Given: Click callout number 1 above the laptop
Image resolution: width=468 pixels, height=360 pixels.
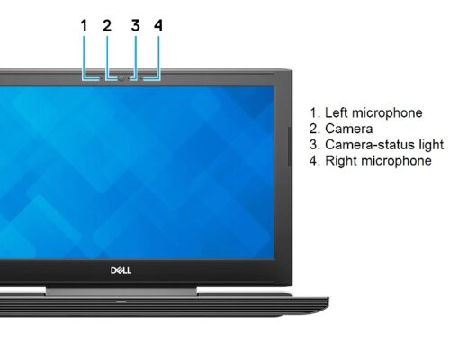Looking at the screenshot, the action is pyautogui.click(x=84, y=25).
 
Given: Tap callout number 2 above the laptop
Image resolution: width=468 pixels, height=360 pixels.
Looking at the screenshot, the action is pyautogui.click(x=107, y=25).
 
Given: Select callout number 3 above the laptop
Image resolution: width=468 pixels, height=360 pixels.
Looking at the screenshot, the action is pyautogui.click(x=136, y=25).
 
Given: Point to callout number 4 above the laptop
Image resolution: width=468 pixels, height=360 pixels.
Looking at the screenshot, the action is pyautogui.click(x=158, y=25).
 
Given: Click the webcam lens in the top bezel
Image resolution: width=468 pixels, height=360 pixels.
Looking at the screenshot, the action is pyautogui.click(x=121, y=78).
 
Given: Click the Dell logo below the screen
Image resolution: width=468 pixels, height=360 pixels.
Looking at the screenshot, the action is pyautogui.click(x=121, y=270).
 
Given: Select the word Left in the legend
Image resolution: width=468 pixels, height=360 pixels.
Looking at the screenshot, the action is pyautogui.click(x=337, y=112).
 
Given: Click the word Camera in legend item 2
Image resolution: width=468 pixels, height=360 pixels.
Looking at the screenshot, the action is pyautogui.click(x=349, y=129).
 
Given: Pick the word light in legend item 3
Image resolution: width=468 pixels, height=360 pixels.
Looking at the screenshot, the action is pyautogui.click(x=431, y=145).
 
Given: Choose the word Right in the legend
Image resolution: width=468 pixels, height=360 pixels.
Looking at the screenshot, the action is pyautogui.click(x=340, y=160).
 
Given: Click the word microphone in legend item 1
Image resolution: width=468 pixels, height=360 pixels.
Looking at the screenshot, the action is pyautogui.click(x=387, y=113).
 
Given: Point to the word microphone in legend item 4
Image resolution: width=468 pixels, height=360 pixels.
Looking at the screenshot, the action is pyautogui.click(x=396, y=161).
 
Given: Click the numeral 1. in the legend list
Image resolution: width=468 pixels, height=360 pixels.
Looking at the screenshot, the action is pyautogui.click(x=315, y=113).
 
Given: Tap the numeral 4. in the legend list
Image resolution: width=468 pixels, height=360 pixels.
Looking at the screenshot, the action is pyautogui.click(x=315, y=160).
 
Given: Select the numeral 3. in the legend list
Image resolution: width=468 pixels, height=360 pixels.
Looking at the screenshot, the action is pyautogui.click(x=315, y=145).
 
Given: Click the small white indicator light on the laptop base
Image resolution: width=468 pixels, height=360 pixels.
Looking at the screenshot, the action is pyautogui.click(x=121, y=301).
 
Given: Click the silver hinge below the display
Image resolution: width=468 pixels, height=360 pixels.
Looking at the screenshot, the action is pyautogui.click(x=121, y=291).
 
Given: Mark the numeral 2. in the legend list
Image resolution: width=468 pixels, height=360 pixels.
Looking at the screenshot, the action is pyautogui.click(x=315, y=129).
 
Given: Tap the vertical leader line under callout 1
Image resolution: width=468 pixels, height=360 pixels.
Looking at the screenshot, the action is pyautogui.click(x=83, y=58).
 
